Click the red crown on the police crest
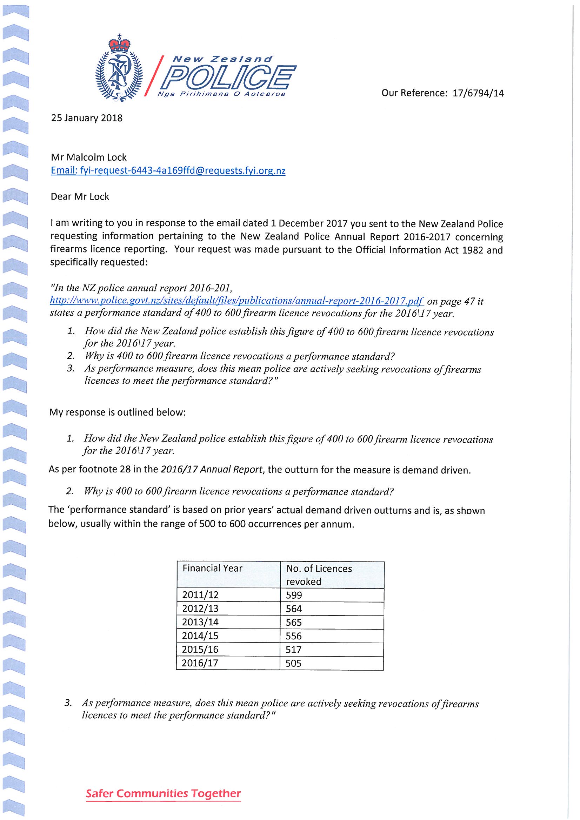click(120, 44)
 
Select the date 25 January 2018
click(87, 118)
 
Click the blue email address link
click(168, 171)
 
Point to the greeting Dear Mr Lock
click(80, 196)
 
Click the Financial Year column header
click(212, 568)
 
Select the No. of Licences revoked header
click(319, 574)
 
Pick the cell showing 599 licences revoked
click(294, 595)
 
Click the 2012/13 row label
click(200, 609)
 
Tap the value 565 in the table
click(294, 622)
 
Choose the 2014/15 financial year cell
click(200, 636)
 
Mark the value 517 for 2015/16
click(294, 649)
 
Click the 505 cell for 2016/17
click(294, 663)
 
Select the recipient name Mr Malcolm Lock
click(89, 157)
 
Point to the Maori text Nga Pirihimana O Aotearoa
click(221, 94)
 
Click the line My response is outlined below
click(118, 412)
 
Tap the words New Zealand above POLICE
click(222, 59)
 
